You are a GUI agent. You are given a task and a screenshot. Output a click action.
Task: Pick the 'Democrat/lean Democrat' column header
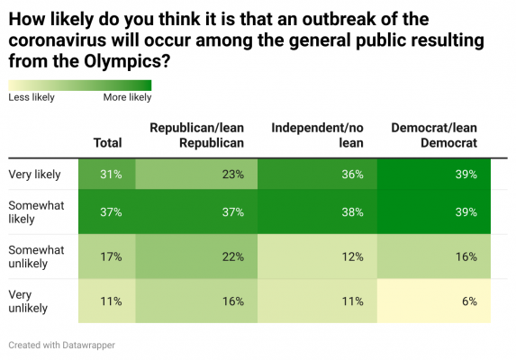434,135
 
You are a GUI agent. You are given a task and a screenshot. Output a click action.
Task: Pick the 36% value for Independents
353,175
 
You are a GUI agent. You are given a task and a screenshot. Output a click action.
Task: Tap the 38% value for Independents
353,213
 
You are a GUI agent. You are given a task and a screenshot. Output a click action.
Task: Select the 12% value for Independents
353,256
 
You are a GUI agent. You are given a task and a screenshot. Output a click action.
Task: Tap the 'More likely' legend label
128,97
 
